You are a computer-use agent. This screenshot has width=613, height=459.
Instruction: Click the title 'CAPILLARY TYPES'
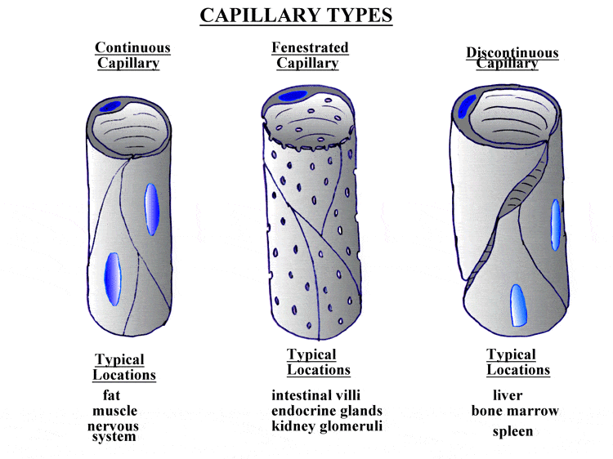(x=296, y=16)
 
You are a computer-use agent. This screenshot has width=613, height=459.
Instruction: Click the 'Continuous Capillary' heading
(x=132, y=55)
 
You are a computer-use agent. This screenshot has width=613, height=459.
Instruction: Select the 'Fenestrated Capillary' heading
(x=310, y=55)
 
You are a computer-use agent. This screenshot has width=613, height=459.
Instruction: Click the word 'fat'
(x=111, y=395)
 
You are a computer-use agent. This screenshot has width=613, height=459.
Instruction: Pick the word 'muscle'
(x=115, y=411)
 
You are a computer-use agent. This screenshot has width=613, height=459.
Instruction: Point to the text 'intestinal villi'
(x=315, y=395)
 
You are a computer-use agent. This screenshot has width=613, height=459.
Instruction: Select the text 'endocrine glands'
(x=327, y=411)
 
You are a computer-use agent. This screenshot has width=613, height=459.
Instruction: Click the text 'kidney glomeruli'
(x=327, y=426)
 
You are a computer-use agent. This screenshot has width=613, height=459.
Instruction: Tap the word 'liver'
(x=508, y=395)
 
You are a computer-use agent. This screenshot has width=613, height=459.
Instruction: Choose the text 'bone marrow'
(x=515, y=411)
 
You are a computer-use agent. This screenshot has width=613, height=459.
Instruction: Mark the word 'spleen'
(x=512, y=432)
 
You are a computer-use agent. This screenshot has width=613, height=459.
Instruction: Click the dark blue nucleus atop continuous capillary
(x=110, y=106)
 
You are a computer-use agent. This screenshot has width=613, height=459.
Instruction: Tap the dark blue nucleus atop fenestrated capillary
(x=293, y=96)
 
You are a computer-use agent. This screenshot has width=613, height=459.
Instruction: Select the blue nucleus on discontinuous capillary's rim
(x=466, y=106)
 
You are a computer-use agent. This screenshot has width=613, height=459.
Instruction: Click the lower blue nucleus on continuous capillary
(x=113, y=279)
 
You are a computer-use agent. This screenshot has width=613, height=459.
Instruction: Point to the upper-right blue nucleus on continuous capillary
(x=152, y=209)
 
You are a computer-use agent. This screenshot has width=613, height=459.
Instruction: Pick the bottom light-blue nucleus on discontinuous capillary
(x=518, y=305)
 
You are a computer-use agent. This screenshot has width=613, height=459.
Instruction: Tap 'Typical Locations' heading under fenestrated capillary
(x=319, y=362)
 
